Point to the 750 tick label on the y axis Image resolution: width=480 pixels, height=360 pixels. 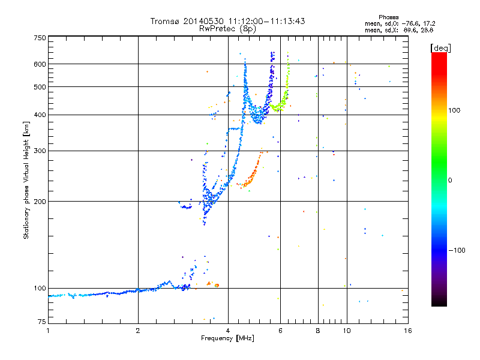40,38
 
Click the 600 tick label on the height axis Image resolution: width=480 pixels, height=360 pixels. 40,64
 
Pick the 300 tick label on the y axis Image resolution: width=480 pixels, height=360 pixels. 40,151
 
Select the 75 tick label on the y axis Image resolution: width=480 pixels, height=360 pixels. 42,322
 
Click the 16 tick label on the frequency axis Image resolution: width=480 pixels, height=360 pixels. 408,331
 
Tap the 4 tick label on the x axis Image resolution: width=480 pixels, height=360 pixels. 228,331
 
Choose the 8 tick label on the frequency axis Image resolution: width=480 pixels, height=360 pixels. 318,331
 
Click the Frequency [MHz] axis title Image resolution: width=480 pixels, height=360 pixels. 228,338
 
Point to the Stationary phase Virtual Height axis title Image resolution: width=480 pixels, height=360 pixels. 26,181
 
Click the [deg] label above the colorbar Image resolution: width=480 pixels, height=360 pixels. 440,48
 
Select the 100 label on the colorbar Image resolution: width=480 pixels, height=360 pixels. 454,110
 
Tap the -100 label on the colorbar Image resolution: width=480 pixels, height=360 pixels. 457,250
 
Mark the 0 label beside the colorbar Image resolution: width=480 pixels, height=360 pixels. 450,180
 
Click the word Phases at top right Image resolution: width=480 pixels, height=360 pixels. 388,17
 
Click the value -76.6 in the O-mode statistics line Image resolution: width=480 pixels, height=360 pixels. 410,23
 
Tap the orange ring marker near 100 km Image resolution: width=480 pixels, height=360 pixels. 217,286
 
